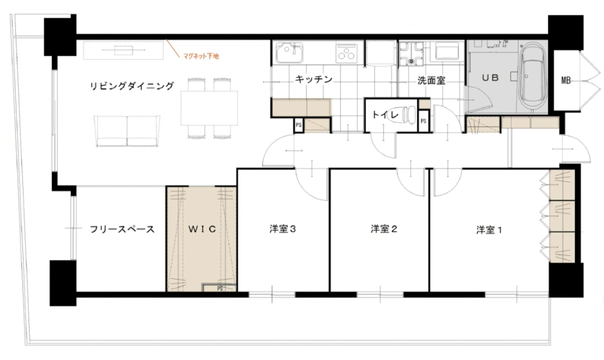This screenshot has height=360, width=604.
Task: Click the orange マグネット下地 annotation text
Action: point(201,56)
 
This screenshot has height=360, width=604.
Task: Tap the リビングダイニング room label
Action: point(132,86)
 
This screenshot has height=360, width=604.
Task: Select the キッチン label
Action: point(314,80)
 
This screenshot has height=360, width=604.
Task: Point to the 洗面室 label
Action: point(431,80)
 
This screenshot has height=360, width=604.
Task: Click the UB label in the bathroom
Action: point(490,78)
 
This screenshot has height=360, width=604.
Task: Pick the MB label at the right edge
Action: point(566,81)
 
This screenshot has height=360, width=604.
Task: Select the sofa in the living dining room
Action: point(127,131)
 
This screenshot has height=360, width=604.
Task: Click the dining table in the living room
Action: point(209,109)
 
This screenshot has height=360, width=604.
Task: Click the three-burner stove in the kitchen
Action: point(347,53)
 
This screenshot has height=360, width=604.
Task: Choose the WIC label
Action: point(202,230)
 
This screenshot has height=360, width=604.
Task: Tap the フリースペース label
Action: point(122,230)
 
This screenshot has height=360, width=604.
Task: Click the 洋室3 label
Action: point(283,230)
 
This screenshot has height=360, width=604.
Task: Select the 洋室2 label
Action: point(383,230)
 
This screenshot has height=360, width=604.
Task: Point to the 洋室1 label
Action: point(489,231)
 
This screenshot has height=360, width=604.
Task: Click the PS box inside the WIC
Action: point(219,288)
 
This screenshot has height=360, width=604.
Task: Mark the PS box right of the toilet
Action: point(424,121)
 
